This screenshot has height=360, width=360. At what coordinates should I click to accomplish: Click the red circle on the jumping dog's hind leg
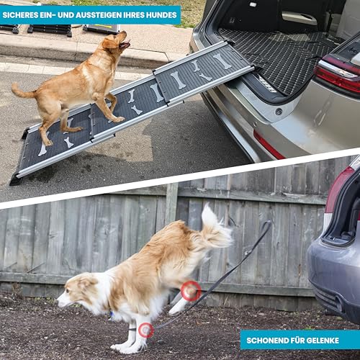191,291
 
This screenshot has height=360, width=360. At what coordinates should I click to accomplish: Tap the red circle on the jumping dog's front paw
146,330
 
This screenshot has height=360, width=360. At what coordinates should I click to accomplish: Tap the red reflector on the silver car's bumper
268,145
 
